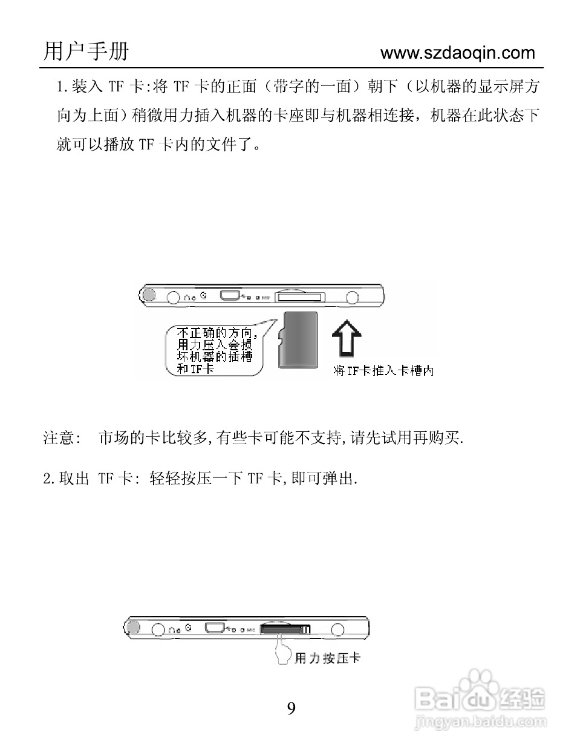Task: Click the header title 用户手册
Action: (x=86, y=51)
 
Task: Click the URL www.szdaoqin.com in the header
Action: (x=458, y=53)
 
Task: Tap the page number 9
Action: (x=291, y=708)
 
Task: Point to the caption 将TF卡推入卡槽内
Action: (x=384, y=371)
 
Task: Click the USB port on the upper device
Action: (x=230, y=296)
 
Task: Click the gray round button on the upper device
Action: (x=148, y=295)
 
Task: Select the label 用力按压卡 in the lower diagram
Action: (x=327, y=658)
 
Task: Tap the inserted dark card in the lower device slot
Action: (x=281, y=630)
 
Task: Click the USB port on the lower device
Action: (x=215, y=628)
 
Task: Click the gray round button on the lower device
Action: (x=132, y=627)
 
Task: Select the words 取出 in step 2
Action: (x=74, y=479)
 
